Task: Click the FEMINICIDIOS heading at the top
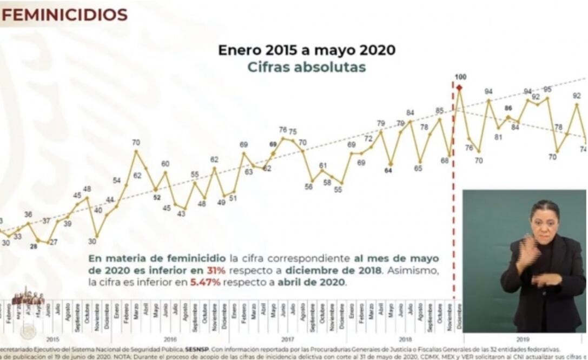[x=64, y=14]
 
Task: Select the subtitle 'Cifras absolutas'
[x=306, y=67]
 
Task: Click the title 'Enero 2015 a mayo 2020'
[x=306, y=50]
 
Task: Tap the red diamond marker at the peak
[x=459, y=88]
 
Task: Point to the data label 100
[x=460, y=77]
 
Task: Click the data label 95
[x=547, y=89]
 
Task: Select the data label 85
[x=439, y=111]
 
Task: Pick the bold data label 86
[x=508, y=108]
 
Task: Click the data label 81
[x=498, y=137]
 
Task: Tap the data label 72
[x=368, y=138]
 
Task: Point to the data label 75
[x=293, y=131]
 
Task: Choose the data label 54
[x=117, y=180]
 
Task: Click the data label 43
[x=181, y=214]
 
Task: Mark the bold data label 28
[x=34, y=246]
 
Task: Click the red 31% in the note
[x=213, y=270]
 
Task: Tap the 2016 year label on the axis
[x=170, y=339]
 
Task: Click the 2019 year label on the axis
[x=523, y=339]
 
